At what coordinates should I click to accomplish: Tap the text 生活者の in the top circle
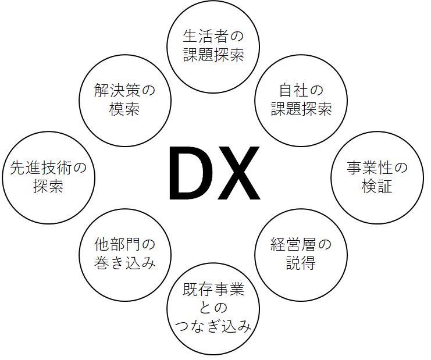pyautogui.click(x=213, y=36)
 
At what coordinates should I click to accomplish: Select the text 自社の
pyautogui.click(x=301, y=90)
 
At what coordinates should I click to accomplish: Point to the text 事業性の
pyautogui.click(x=377, y=167)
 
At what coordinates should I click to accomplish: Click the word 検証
pyautogui.click(x=377, y=186)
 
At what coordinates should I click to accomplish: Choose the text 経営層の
pyautogui.click(x=301, y=245)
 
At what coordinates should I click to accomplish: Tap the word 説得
pyautogui.click(x=301, y=263)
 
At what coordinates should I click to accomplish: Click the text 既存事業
pyautogui.click(x=213, y=289)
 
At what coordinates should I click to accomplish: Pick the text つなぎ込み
pyautogui.click(x=213, y=326)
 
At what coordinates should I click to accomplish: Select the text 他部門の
pyautogui.click(x=125, y=245)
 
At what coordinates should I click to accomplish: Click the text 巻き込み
pyautogui.click(x=125, y=263)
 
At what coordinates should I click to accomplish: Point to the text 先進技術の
pyautogui.click(x=48, y=167)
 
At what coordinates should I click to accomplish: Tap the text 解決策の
pyautogui.click(x=125, y=90)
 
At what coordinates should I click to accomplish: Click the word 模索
pyautogui.click(x=124, y=109)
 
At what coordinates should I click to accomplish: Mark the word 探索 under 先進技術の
pyautogui.click(x=48, y=186)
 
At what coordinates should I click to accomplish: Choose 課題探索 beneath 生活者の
pyautogui.click(x=213, y=55)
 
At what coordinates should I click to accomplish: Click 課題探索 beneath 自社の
pyautogui.click(x=301, y=109)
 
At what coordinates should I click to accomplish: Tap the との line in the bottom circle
pyautogui.click(x=213, y=308)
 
